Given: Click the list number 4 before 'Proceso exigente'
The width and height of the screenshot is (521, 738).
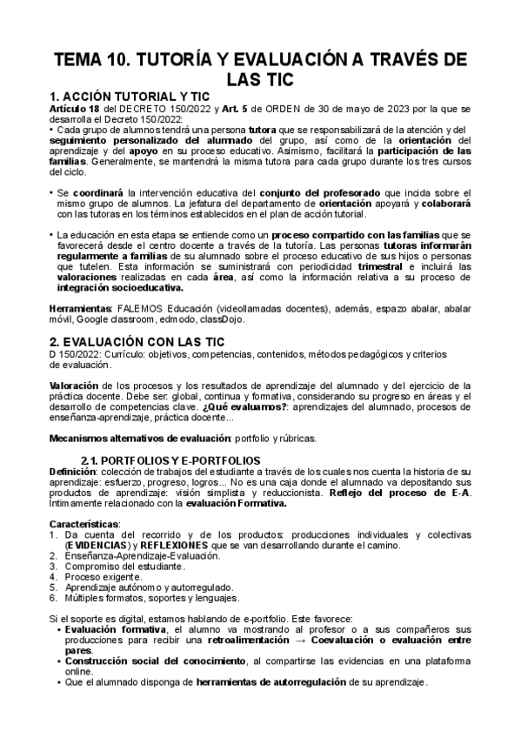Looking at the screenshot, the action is (x=53, y=576).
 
